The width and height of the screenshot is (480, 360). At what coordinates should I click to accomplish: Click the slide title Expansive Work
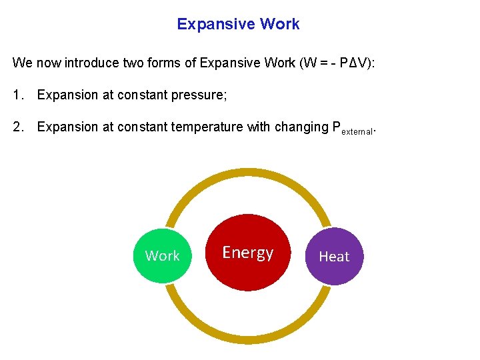238,25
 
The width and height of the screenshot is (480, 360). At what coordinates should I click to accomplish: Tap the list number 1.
17,95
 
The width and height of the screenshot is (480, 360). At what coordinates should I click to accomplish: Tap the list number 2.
17,127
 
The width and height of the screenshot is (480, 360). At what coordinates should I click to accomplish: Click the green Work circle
162,256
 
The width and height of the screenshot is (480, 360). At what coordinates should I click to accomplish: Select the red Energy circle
248,253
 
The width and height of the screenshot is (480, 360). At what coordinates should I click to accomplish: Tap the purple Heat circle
334,257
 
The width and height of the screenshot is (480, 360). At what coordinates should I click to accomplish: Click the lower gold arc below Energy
248,341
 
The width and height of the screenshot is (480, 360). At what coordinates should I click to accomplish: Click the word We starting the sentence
22,63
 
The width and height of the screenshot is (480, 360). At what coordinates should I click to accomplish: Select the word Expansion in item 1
67,95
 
